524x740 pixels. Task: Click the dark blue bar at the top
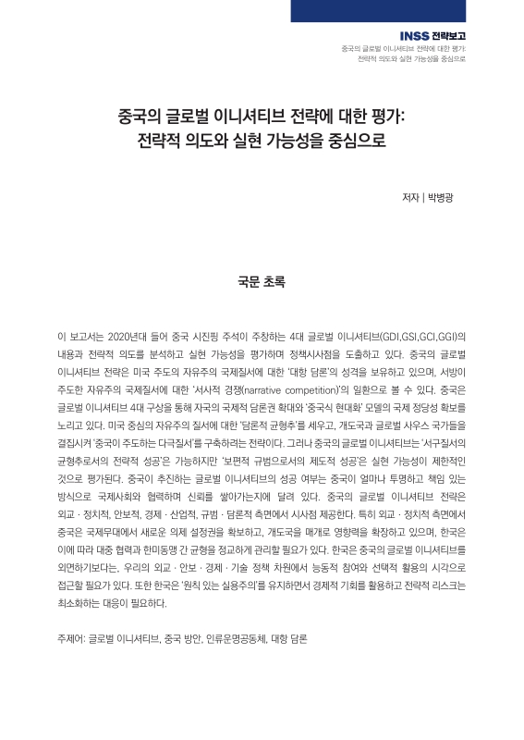click(407, 10)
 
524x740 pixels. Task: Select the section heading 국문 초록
click(262, 278)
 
